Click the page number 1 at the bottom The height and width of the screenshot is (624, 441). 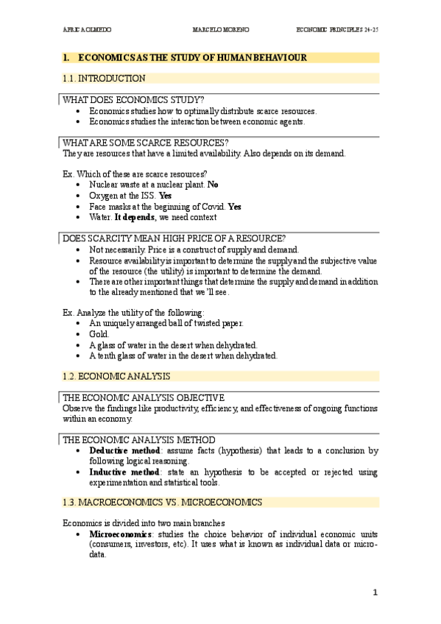click(x=374, y=592)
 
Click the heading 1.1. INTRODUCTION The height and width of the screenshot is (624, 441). click(x=99, y=78)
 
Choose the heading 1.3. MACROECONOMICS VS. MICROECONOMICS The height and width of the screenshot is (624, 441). click(x=163, y=502)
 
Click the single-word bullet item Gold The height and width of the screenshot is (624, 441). click(x=99, y=333)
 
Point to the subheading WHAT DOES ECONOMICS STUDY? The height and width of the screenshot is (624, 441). click(x=134, y=99)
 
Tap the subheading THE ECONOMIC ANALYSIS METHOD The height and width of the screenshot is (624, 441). click(x=138, y=439)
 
